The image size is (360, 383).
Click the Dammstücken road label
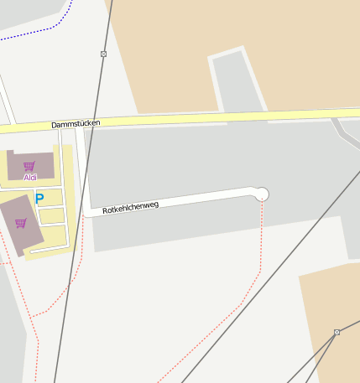(76, 124)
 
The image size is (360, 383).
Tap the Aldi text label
(30, 177)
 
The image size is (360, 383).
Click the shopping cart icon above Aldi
(29, 166)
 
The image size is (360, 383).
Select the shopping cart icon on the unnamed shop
(20, 223)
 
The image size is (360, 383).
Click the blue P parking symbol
(39, 199)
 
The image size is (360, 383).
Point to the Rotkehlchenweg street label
(130, 207)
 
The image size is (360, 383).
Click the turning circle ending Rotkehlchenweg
(262, 194)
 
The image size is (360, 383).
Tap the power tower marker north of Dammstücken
(103, 54)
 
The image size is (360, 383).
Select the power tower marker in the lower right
(337, 333)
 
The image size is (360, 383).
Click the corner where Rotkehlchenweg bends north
(86, 213)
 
